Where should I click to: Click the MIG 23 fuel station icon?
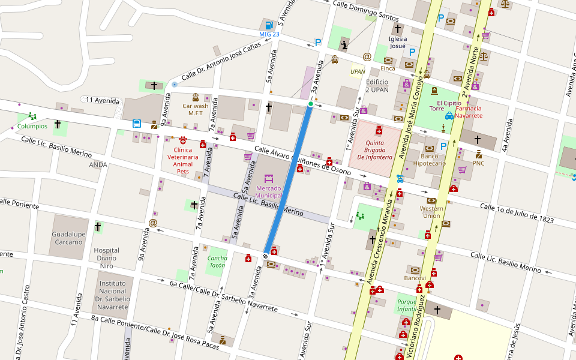[x=269, y=25]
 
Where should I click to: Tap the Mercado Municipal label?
[x=268, y=192]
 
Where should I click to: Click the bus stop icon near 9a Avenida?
[x=137, y=124]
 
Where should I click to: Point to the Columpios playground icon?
[x=32, y=116]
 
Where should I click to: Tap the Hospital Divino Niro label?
[x=106, y=257]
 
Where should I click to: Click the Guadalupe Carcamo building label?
[x=67, y=238]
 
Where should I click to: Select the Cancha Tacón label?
[x=217, y=262]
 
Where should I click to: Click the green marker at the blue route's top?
[x=310, y=104]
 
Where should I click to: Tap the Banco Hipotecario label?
[x=430, y=159]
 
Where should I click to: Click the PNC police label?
[x=478, y=163]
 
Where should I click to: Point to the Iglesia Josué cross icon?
[x=398, y=28]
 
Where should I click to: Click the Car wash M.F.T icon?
[x=196, y=97]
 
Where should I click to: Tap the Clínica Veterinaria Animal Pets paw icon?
[x=182, y=140]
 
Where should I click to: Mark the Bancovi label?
[x=415, y=278]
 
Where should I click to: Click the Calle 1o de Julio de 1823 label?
[x=517, y=213]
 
